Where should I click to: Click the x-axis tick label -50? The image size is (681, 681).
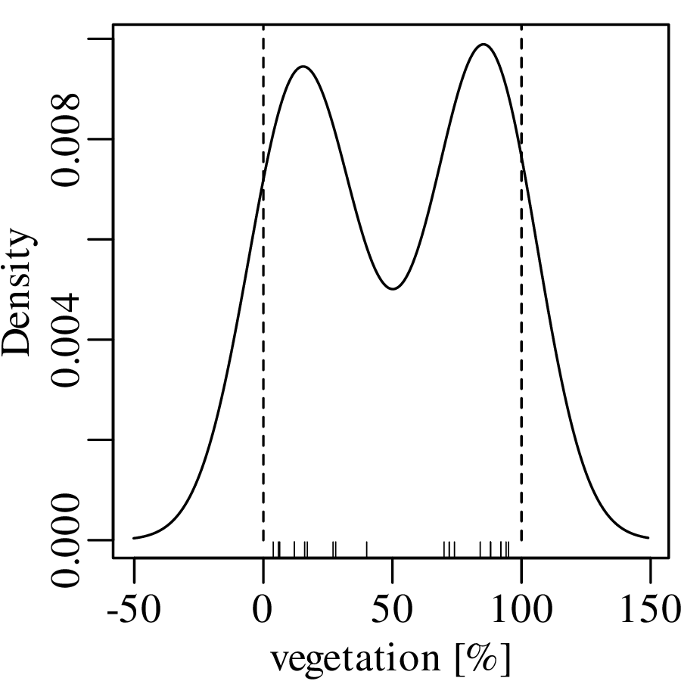134,610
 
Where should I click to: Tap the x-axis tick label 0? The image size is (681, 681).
263,610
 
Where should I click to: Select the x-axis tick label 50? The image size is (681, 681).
392,610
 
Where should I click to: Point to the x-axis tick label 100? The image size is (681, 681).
521,610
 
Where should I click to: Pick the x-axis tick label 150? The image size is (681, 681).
650,610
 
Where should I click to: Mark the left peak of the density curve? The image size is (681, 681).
303,67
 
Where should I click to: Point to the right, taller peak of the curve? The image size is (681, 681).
483,45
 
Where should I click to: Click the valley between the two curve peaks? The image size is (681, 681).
392,288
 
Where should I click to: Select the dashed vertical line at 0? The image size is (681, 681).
263,340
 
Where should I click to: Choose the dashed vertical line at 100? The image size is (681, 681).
521,340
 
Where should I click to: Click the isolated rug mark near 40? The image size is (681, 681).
367,549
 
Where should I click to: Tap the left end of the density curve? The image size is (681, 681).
135,538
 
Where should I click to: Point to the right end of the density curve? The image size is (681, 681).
648,538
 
